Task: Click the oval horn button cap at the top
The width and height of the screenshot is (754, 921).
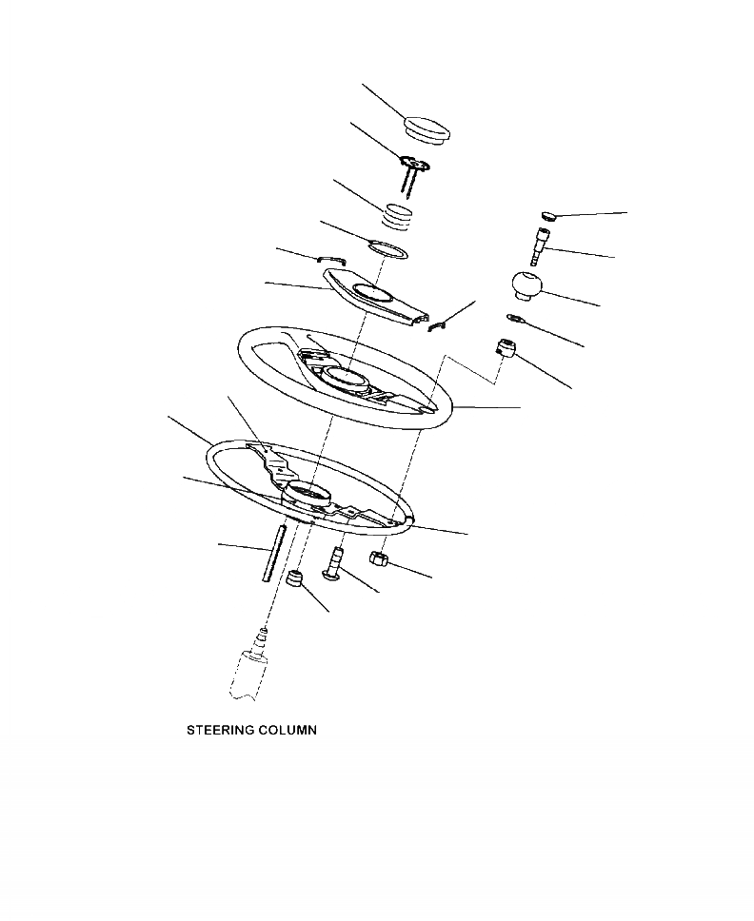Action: click(x=427, y=130)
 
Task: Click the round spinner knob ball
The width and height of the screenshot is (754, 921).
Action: click(x=525, y=285)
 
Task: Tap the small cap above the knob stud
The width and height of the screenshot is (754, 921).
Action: click(x=548, y=215)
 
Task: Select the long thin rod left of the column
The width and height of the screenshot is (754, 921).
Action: click(x=275, y=558)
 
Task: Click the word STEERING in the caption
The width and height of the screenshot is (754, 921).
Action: click(x=220, y=732)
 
